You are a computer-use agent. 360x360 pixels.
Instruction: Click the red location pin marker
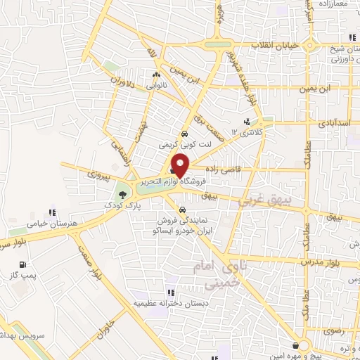pyautogui.click(x=181, y=164)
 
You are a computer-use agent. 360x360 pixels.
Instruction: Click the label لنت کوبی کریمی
pyautogui.click(x=184, y=143)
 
